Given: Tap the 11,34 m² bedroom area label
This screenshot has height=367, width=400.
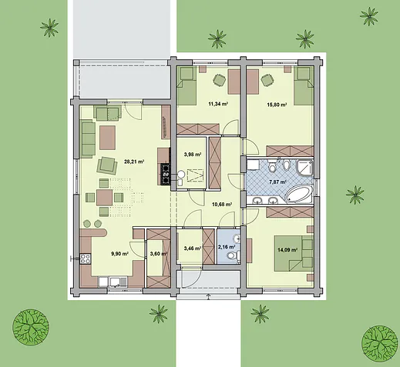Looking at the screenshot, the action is point(218,104).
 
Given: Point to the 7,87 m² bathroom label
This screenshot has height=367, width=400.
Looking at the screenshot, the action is point(277,182).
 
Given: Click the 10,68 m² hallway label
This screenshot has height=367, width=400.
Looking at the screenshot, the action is point(222,205).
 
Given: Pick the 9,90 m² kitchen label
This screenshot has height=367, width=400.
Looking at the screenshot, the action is point(119,254).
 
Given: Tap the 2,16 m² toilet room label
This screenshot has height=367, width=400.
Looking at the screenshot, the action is point(227,247).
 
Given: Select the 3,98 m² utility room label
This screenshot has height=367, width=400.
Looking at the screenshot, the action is point(193,155).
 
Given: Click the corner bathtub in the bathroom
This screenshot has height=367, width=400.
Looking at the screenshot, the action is point(299,193).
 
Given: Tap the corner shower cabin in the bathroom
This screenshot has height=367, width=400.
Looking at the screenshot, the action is point(305,168).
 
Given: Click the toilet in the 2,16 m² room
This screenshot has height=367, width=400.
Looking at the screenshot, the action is point(233,255).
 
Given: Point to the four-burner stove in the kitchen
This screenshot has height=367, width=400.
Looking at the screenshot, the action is point(86,259).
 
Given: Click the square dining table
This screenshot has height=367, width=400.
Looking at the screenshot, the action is point(104,198).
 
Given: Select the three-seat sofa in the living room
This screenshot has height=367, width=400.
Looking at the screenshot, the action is point(88,138).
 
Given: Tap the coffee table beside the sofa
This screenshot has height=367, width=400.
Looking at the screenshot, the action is point(107,138).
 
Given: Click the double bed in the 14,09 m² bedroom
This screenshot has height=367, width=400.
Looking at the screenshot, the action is point(294,254).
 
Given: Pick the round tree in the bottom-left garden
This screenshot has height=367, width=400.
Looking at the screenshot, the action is point(31,327).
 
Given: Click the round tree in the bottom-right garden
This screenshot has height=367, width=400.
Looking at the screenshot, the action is point(379,344).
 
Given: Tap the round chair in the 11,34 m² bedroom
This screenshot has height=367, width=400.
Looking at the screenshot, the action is point(220,80).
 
